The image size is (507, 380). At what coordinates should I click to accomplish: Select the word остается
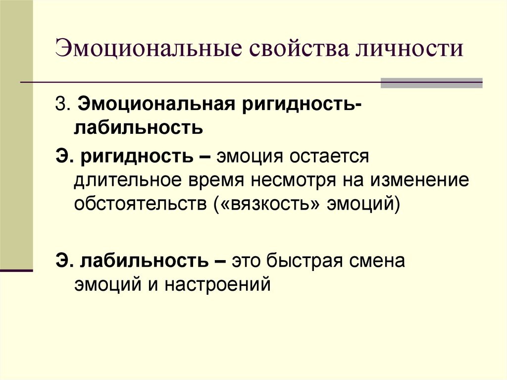[328, 158]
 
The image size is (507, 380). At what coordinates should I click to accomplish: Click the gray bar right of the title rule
[431, 83]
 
